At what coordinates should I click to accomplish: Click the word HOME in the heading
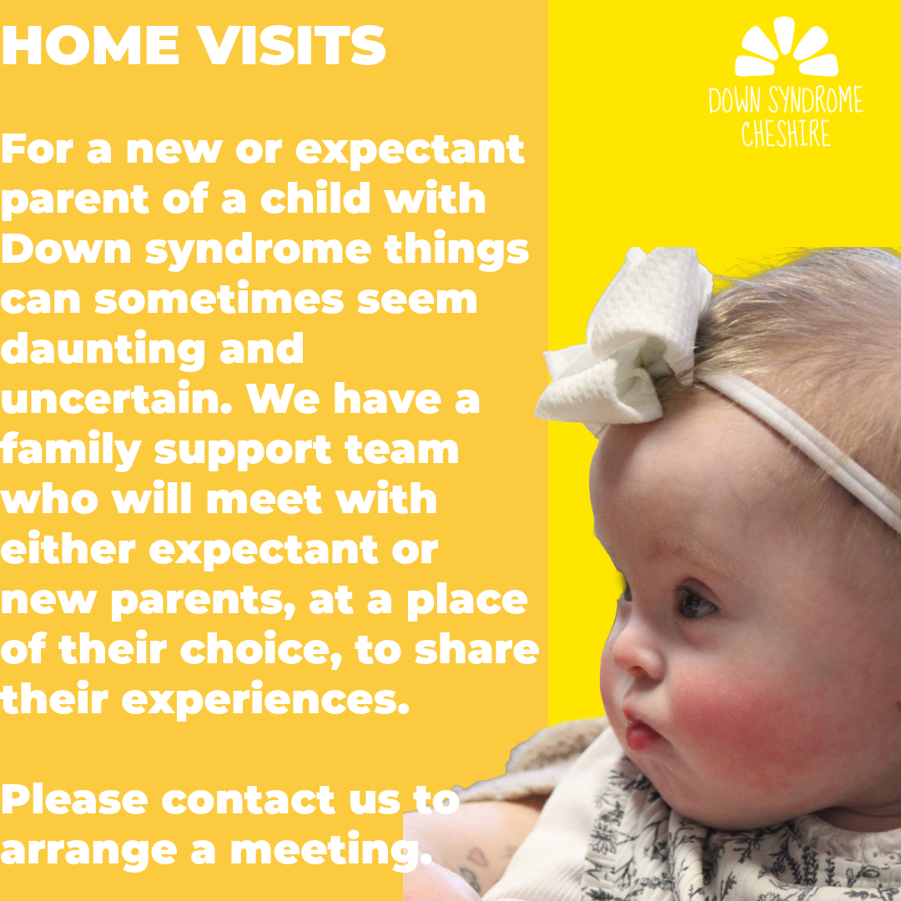pyautogui.click(x=90, y=45)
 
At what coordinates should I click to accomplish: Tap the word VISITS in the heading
pyautogui.click(x=292, y=45)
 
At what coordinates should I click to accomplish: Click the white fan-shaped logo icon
pyautogui.click(x=786, y=47)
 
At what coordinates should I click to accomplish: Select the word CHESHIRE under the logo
pyautogui.click(x=786, y=133)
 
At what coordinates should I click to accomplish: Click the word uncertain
pyautogui.click(x=117, y=398)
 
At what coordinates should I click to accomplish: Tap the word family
pyautogui.click(x=71, y=450)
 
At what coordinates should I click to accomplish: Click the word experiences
pyautogui.click(x=265, y=701)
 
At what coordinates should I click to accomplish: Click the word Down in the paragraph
pyautogui.click(x=66, y=249)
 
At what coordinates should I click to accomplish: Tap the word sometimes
pyautogui.click(x=219, y=299)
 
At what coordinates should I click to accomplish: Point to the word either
pyautogui.click(x=68, y=549)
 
